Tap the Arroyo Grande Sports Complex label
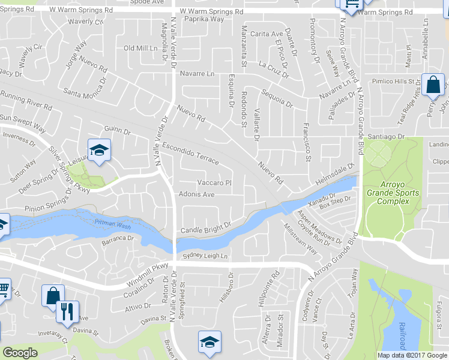click(393, 193)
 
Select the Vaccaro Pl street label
click(214, 183)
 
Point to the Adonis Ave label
click(196, 194)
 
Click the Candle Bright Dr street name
click(206, 229)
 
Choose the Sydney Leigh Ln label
click(206, 256)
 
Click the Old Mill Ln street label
click(140, 48)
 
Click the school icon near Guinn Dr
click(99, 149)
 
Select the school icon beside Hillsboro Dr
click(209, 341)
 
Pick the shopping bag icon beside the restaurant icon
click(52, 295)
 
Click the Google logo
click(20, 353)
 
